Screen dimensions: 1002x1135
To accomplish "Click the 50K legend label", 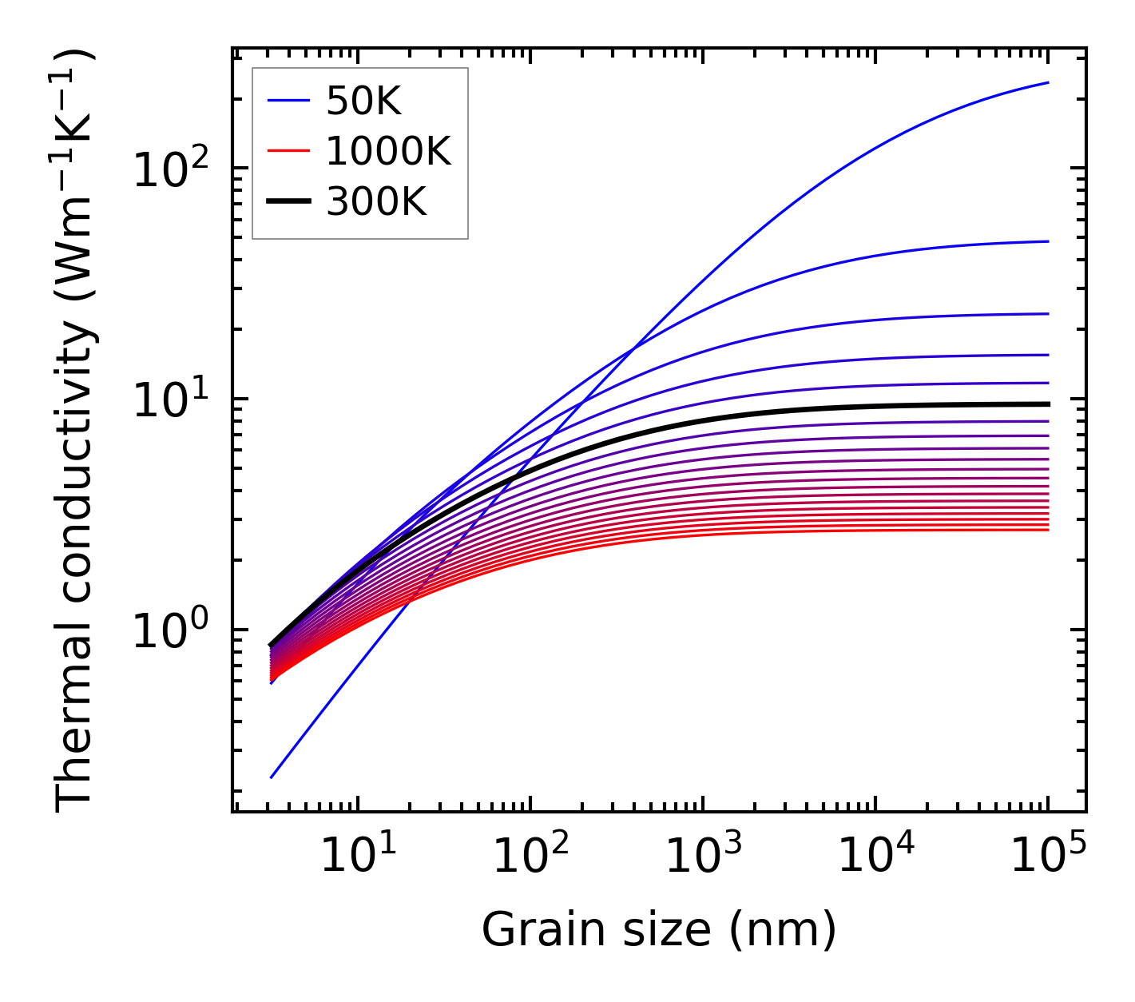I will (x=363, y=101).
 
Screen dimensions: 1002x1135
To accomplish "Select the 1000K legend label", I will (x=388, y=152).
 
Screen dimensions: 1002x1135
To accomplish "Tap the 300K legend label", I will (x=376, y=203).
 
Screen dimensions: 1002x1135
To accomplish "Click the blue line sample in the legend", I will (x=288, y=101).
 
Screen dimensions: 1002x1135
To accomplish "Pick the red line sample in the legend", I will (x=288, y=152).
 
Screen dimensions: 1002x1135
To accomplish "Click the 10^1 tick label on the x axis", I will (x=357, y=856).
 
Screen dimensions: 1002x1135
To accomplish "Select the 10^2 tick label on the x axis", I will (x=530, y=856).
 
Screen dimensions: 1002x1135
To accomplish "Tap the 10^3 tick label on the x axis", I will (x=702, y=856).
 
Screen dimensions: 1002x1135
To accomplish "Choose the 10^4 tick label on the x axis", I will (x=875, y=856).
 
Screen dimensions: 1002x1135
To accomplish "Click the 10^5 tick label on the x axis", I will (x=1048, y=856).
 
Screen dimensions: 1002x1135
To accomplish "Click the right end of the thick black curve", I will (x=1047, y=404).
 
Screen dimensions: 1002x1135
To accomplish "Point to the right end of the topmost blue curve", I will (x=1047, y=83).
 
